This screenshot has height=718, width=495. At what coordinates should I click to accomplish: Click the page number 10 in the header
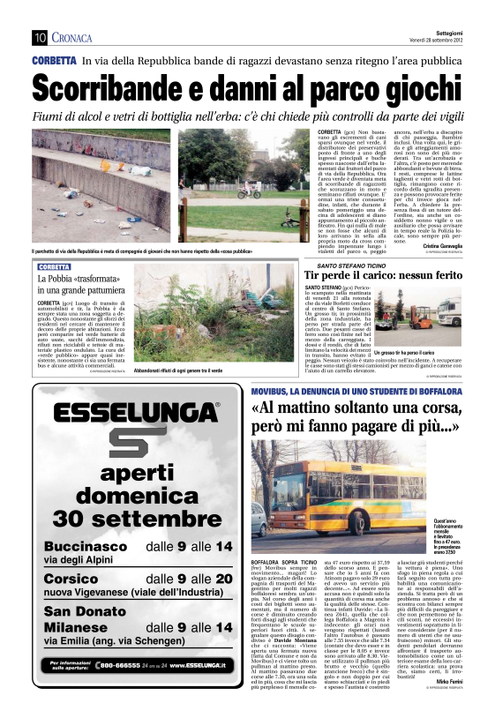click(x=39, y=37)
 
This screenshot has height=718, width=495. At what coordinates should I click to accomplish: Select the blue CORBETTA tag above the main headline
click(x=54, y=61)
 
